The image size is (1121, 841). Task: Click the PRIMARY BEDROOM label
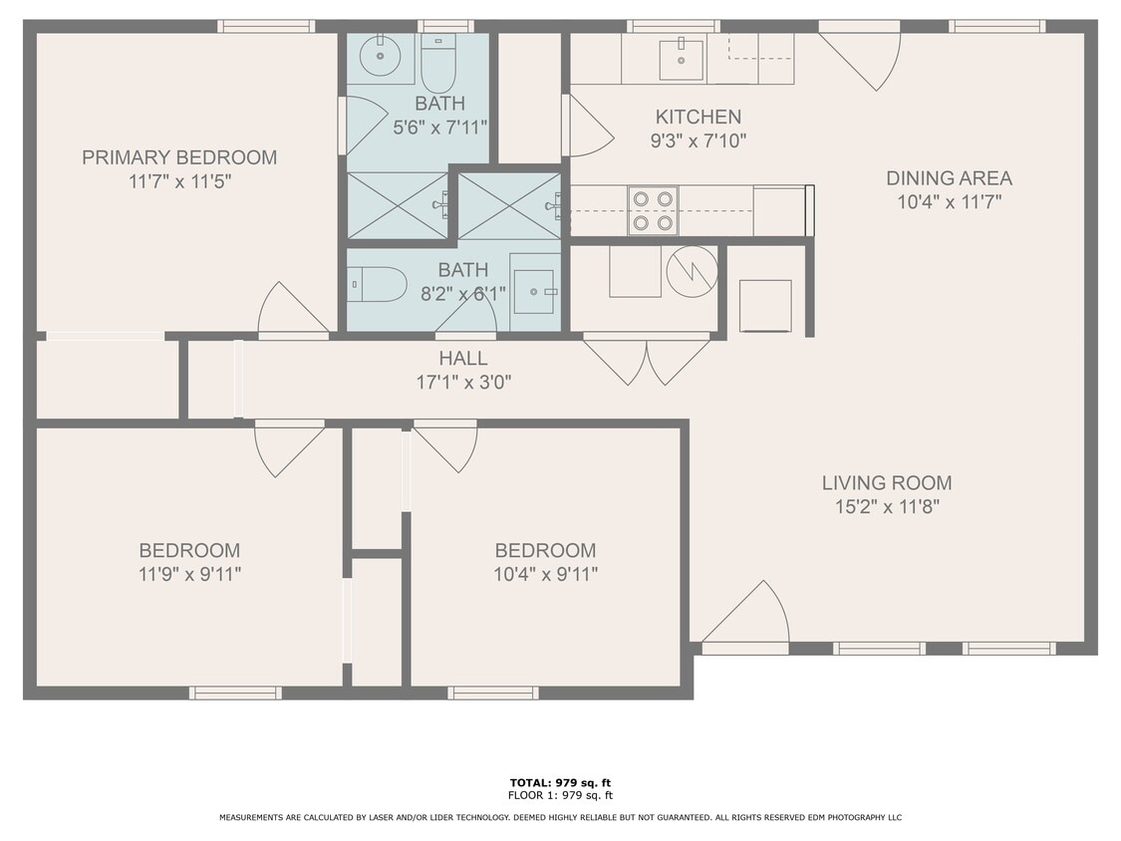click(x=179, y=157)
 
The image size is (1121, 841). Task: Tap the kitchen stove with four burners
click(x=653, y=210)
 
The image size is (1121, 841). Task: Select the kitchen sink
click(x=681, y=59)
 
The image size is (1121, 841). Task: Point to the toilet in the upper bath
click(x=437, y=63)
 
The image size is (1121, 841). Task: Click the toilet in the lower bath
click(x=378, y=284)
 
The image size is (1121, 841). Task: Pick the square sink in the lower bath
click(x=534, y=291)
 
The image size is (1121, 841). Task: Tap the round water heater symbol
click(x=692, y=270)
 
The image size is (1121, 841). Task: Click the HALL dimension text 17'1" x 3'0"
click(x=463, y=381)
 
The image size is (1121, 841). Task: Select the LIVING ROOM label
click(x=886, y=483)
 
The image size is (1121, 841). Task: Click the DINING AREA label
click(x=949, y=178)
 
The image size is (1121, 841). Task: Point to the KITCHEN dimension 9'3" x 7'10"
click(x=698, y=141)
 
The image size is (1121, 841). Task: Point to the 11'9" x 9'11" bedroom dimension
click(x=189, y=574)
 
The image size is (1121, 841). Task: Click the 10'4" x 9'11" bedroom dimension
click(x=545, y=574)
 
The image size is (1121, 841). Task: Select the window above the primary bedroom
click(x=266, y=26)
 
